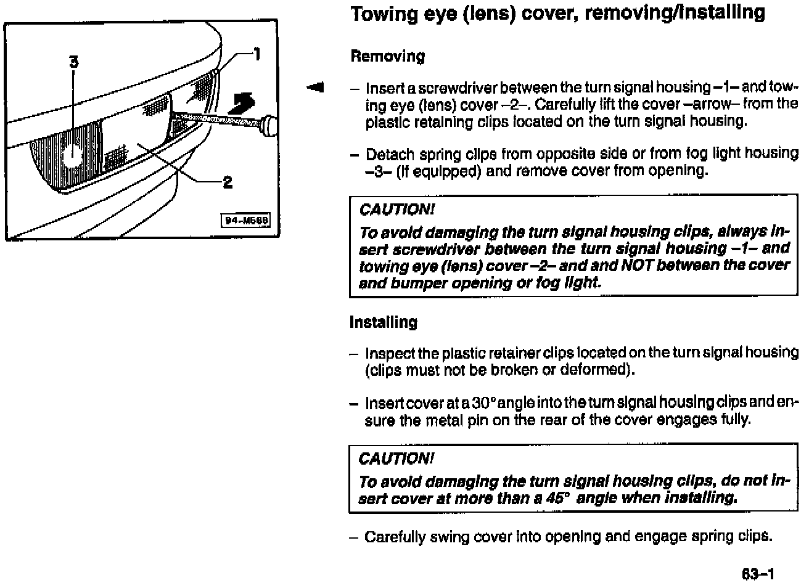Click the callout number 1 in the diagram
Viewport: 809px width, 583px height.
pyautogui.click(x=257, y=55)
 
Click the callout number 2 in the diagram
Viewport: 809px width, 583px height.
pyautogui.click(x=228, y=182)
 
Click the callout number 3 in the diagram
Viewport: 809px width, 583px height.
pyautogui.click(x=73, y=62)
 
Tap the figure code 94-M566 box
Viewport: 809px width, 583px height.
pyautogui.click(x=246, y=221)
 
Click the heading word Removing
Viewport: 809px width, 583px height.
pyautogui.click(x=387, y=57)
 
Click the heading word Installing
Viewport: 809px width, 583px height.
pyautogui.click(x=383, y=322)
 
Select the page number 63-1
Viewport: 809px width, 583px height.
pyautogui.click(x=757, y=574)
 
